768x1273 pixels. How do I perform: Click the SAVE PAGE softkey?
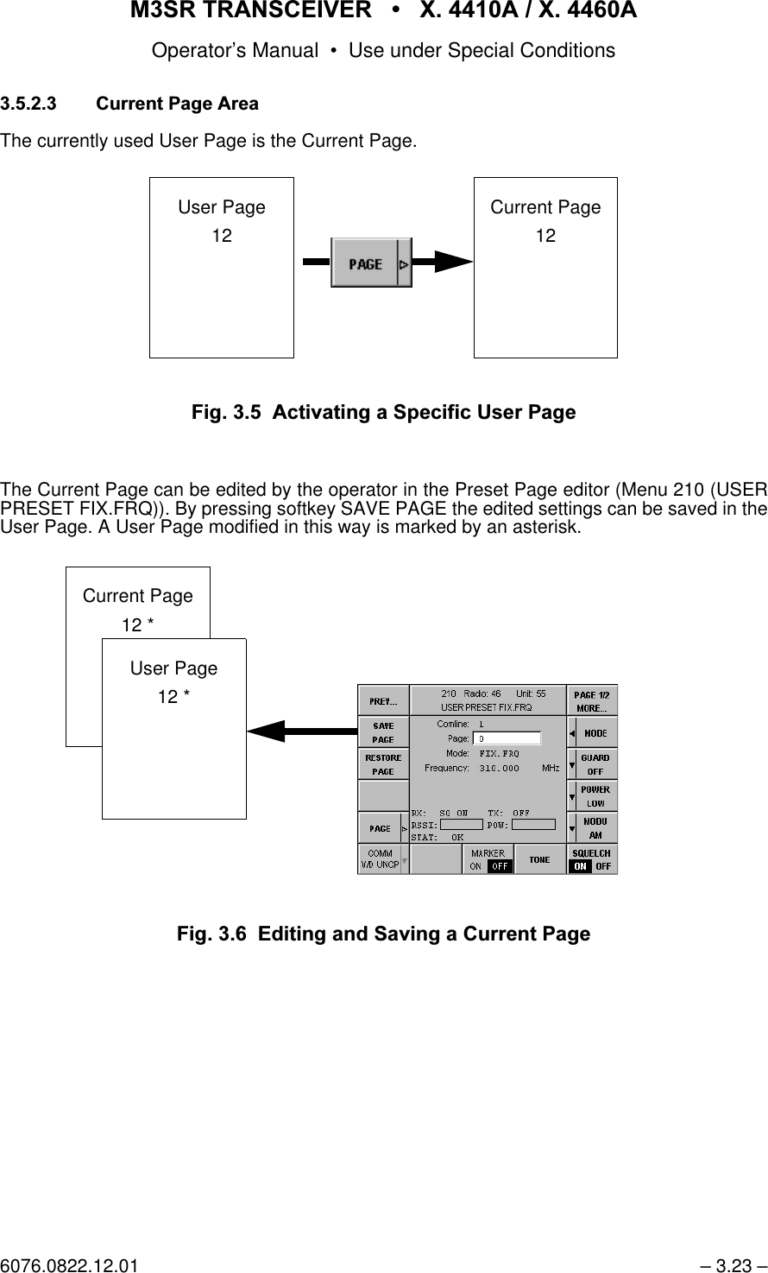383,732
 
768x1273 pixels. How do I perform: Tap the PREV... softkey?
383,700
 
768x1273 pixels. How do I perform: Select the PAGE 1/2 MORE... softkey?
592,701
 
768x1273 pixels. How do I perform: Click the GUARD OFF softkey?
595,764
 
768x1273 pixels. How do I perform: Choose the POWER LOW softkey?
595,796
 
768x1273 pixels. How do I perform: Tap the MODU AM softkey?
595,828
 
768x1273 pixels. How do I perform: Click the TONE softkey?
539,859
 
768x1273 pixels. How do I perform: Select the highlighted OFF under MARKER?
500,865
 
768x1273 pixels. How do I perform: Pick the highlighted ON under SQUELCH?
580,865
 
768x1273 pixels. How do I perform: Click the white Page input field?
507,738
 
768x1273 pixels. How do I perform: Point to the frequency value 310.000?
499,767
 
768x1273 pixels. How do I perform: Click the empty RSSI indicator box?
461,824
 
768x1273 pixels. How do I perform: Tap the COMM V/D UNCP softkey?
379,859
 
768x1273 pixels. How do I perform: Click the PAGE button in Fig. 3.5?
365,264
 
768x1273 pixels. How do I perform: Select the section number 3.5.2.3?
29,104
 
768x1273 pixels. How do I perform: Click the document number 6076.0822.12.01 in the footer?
69,1266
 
